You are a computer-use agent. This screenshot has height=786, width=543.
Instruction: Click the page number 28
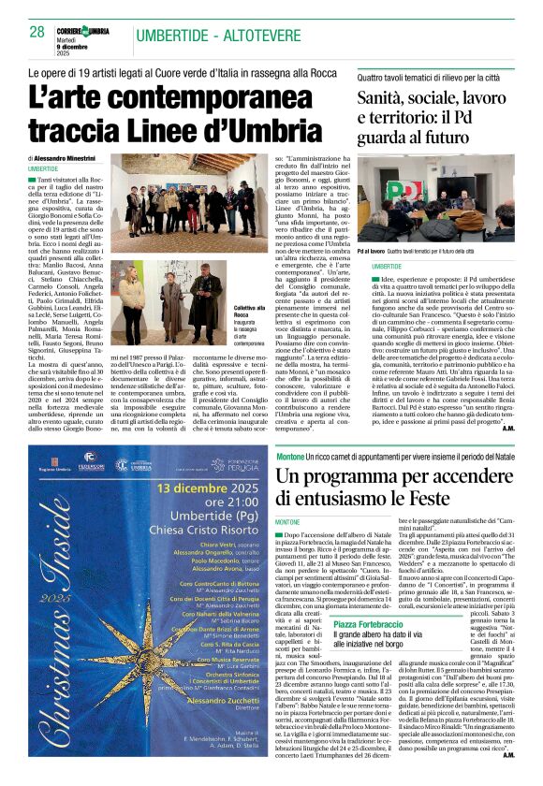point(37,32)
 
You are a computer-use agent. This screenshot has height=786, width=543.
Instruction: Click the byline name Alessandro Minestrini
point(66,159)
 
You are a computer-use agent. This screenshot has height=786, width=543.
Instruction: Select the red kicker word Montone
point(291,456)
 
